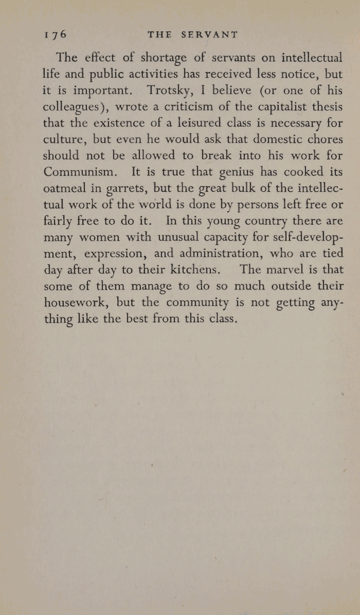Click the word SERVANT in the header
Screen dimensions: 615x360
212,34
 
